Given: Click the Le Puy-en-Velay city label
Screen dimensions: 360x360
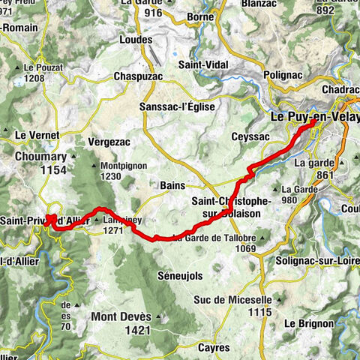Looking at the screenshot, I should [314, 118].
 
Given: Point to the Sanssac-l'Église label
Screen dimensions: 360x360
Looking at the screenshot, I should [177, 107].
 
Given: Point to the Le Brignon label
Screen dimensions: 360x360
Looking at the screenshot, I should [309, 323].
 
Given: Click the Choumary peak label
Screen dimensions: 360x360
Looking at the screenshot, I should [36, 157].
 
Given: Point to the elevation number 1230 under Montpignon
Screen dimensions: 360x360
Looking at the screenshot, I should [109, 176].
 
